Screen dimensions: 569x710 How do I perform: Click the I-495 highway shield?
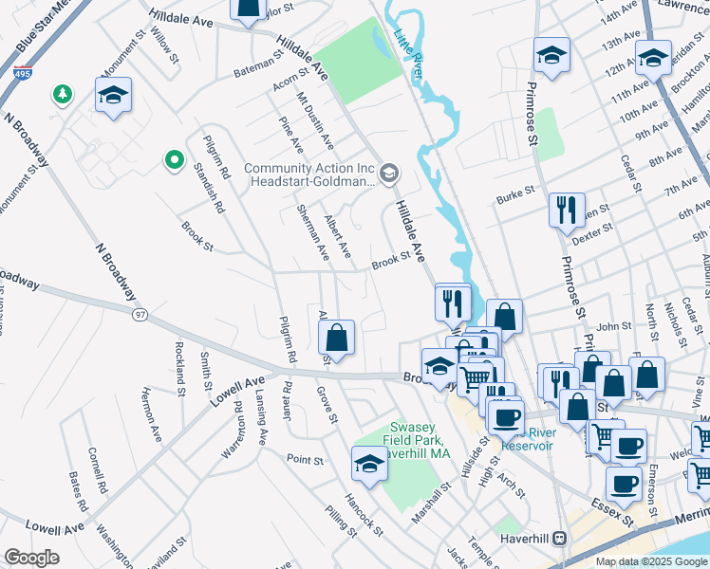(x=21, y=72)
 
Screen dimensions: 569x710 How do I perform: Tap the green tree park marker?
(x=63, y=93)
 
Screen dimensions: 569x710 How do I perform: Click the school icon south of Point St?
(x=369, y=464)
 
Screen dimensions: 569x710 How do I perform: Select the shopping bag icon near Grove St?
(x=337, y=337)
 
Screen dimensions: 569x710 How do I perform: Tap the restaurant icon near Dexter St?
(x=567, y=211)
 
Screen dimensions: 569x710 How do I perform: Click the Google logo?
(x=31, y=558)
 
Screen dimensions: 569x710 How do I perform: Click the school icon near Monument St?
(x=113, y=96)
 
